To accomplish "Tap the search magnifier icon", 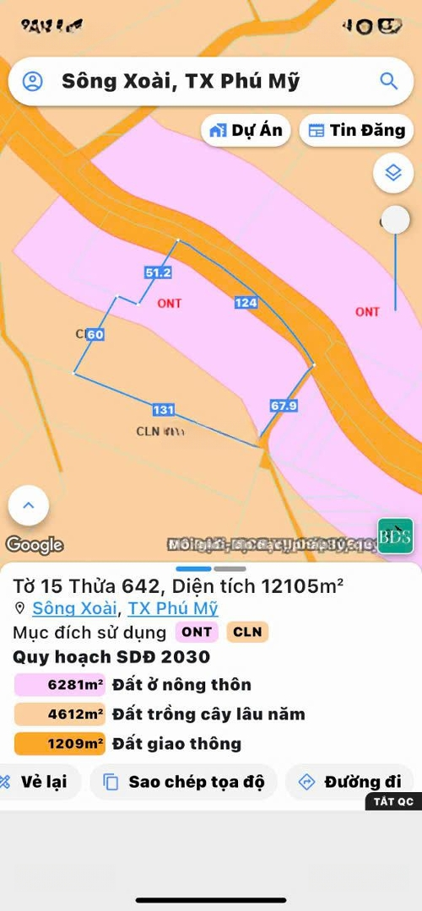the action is pos(388,81).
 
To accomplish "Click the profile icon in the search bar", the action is pos(32,81).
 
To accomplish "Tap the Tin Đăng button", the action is pos(356,131).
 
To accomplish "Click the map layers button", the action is pos(392,173).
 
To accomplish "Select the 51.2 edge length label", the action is pos(158,272).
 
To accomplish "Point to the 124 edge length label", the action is pos(246,302).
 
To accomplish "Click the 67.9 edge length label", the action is pos(284,406).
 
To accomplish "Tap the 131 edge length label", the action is pos(163,410).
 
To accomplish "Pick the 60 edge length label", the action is pos(95,335).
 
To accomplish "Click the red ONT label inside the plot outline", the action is pos(170,303).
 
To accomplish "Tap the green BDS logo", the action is pos(395,536).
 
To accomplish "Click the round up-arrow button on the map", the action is pos(29,506).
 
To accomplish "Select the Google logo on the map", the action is pos(35,545).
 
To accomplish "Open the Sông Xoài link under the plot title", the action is pos(75,608).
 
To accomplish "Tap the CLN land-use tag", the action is pos(247,632).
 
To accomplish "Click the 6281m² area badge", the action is pos(60,685).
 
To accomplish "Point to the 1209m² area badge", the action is pos(60,744).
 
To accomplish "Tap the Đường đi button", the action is pos(349,782).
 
